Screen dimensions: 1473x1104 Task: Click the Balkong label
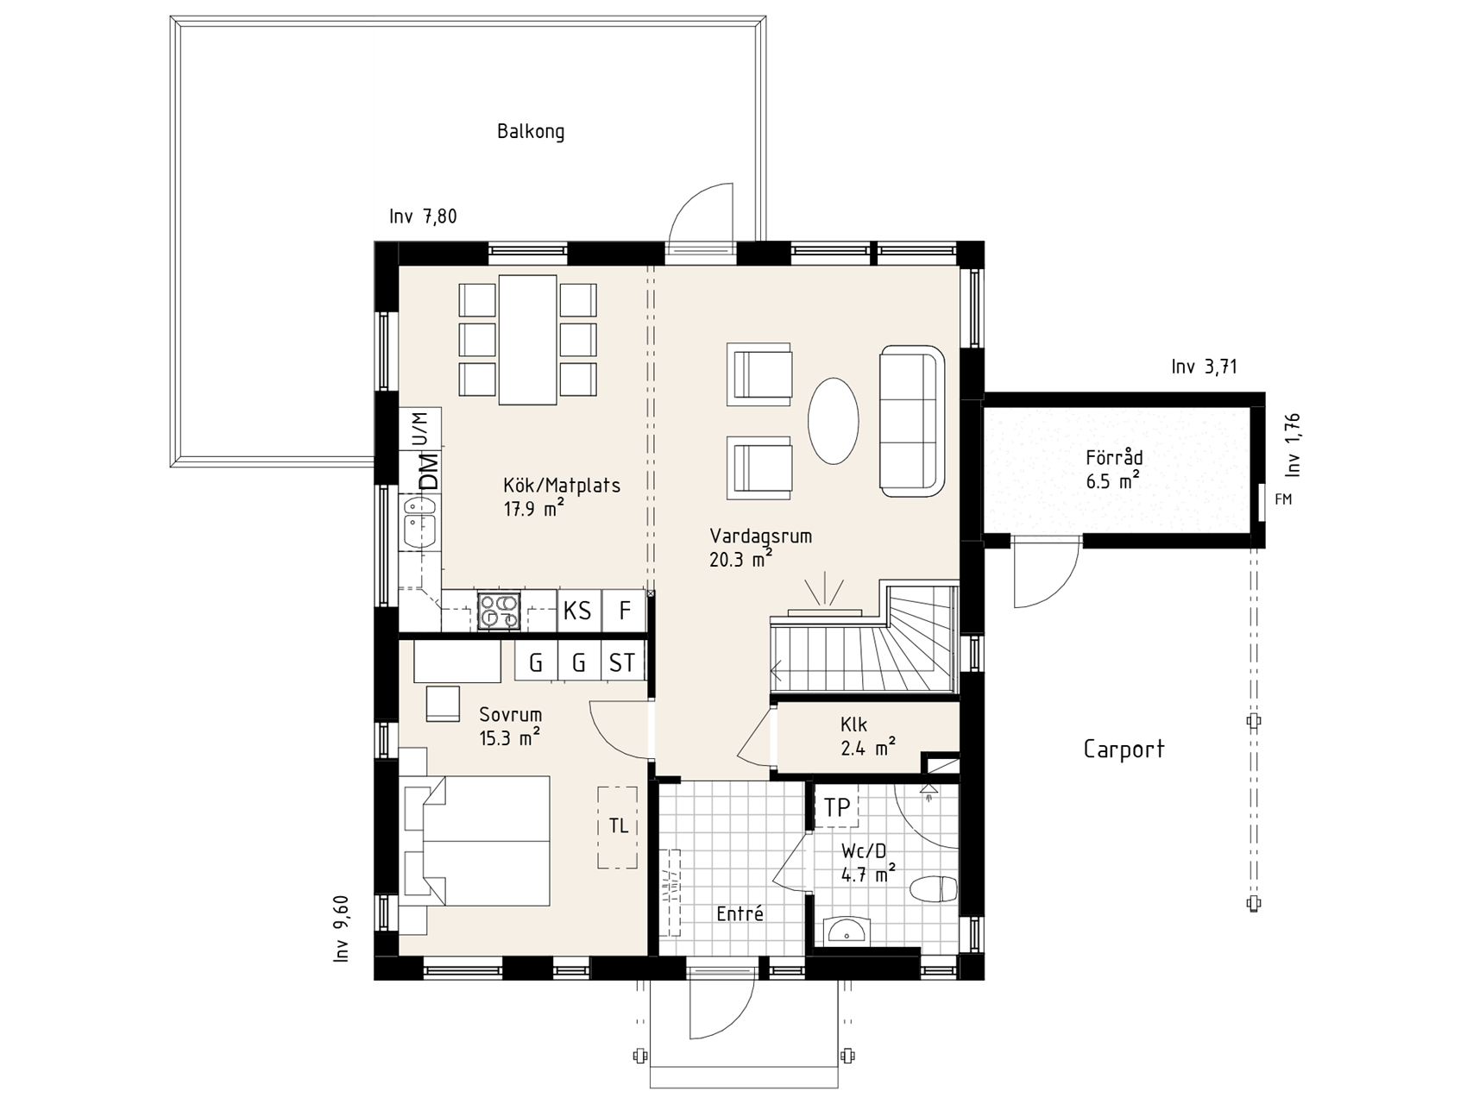coord(531,132)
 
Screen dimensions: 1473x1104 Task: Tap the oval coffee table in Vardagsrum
coord(834,421)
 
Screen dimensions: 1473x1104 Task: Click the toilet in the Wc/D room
coord(935,889)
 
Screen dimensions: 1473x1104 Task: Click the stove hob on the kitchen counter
coord(500,611)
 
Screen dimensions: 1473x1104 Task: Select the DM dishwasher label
coord(428,472)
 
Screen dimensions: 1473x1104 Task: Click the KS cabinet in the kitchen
coord(578,611)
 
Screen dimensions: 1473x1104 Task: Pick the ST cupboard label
coord(622,662)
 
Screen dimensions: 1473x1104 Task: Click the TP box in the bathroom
coord(836,806)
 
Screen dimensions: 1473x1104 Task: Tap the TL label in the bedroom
coord(618,826)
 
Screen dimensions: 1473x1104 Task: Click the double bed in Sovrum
coord(476,840)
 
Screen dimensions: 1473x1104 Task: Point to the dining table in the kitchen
coord(527,339)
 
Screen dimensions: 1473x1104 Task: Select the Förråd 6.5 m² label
coord(1114,469)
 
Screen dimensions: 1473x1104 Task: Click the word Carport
coord(1124,749)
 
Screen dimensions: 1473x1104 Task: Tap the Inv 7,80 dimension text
coord(423,216)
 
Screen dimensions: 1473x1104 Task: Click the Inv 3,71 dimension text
coord(1205,367)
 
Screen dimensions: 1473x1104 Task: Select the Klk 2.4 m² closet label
coord(867,736)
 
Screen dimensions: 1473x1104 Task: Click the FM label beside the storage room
coord(1283,499)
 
